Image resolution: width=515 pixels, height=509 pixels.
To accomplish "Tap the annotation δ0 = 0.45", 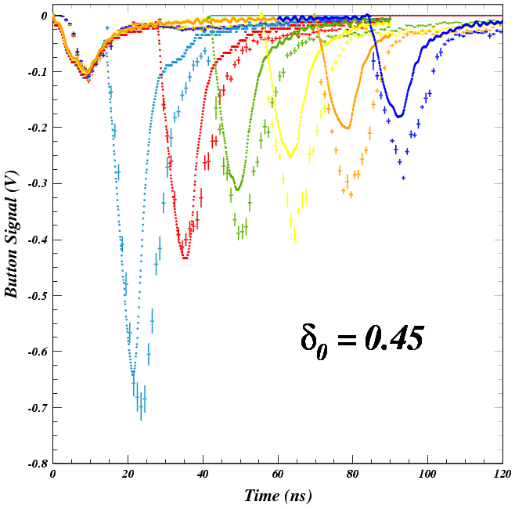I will pyautogui.click(x=362, y=338).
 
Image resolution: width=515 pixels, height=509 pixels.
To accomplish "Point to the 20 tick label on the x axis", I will pyautogui.click(x=128, y=475).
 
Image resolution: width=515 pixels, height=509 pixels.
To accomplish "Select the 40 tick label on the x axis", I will pyautogui.click(x=203, y=475).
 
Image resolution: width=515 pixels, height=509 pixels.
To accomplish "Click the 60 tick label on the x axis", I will pyautogui.click(x=278, y=475).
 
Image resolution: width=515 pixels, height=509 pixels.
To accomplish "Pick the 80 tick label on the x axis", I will pyautogui.click(x=353, y=475).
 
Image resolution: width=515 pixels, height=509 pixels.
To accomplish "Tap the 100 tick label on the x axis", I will pyautogui.click(x=427, y=475).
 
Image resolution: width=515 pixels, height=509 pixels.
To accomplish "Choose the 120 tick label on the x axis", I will pyautogui.click(x=502, y=475).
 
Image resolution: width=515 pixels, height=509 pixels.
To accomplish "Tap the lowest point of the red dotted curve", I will pyautogui.click(x=185, y=258).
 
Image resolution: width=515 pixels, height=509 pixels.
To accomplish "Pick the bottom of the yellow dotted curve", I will pyautogui.click(x=290, y=157).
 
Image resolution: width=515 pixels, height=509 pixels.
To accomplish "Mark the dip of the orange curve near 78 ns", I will pyautogui.click(x=347, y=128).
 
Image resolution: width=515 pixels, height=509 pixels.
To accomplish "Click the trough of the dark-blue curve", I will pyautogui.click(x=399, y=117).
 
